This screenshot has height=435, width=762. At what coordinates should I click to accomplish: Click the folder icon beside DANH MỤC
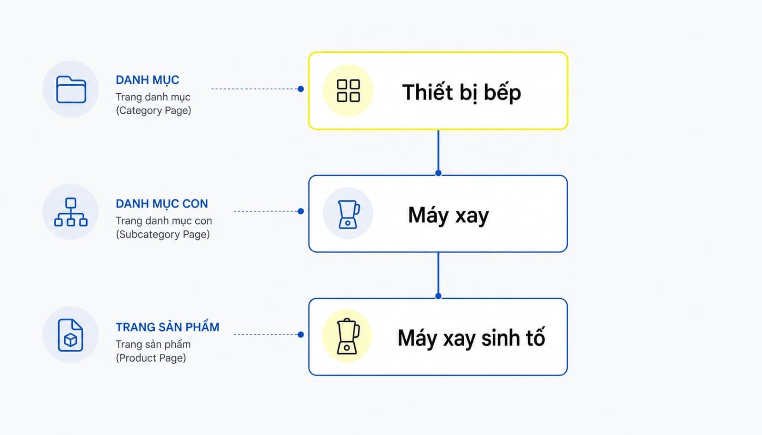click(71, 89)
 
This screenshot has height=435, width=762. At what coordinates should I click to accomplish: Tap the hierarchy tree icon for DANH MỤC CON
click(71, 212)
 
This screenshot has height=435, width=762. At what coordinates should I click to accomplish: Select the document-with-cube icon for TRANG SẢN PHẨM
click(70, 335)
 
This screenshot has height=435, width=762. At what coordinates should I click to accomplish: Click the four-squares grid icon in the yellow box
click(348, 91)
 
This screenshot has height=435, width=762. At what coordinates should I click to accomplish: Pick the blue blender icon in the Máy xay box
click(348, 214)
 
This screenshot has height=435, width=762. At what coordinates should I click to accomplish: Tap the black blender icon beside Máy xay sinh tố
click(348, 336)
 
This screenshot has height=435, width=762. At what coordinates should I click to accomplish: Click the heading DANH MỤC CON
click(161, 204)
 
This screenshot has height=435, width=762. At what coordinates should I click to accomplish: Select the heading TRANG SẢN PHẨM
click(167, 327)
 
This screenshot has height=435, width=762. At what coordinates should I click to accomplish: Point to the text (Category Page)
click(153, 110)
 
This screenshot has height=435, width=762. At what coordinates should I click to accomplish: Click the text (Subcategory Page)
click(162, 234)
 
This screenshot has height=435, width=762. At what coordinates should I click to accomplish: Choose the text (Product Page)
click(150, 358)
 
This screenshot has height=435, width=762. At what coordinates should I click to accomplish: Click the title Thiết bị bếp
click(461, 92)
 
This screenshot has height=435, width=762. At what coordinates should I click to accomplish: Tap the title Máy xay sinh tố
click(471, 338)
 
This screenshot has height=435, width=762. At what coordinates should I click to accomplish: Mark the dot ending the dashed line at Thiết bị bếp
click(301, 89)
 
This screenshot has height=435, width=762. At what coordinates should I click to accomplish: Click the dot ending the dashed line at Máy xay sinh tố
click(301, 335)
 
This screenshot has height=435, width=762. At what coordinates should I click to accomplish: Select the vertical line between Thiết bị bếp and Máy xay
click(438, 151)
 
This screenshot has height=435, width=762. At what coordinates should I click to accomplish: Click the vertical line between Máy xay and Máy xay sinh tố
click(438, 274)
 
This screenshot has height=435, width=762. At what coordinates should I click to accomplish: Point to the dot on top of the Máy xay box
click(438, 173)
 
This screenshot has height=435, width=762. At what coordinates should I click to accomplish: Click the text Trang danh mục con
click(164, 221)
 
